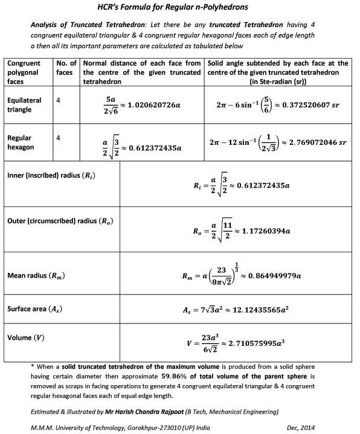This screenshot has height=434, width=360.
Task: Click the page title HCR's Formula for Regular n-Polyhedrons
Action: coord(179,7)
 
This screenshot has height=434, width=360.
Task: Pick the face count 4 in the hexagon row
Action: coord(57,138)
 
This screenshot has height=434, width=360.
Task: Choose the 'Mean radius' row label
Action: coord(36,276)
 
